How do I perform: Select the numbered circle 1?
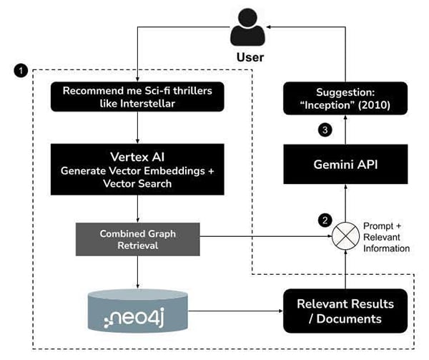click(x=21, y=71)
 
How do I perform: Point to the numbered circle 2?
click(x=325, y=220)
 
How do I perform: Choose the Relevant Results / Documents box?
click(x=345, y=311)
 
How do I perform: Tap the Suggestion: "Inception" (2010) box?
click(x=345, y=97)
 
